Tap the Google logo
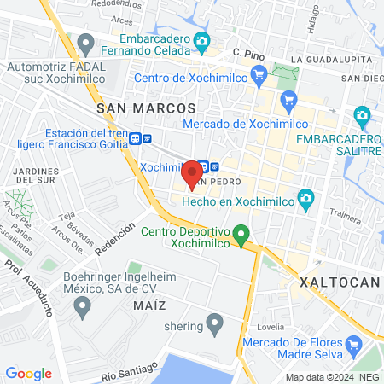click(28, 374)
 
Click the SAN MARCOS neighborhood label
click(147, 108)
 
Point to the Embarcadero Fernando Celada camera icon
click(202, 39)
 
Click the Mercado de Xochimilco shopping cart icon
click(288, 100)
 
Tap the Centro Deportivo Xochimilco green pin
click(241, 233)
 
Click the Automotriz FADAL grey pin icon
click(84, 42)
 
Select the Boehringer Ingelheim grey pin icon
click(83, 307)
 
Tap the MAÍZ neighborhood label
click(148, 305)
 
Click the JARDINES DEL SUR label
click(34, 175)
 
